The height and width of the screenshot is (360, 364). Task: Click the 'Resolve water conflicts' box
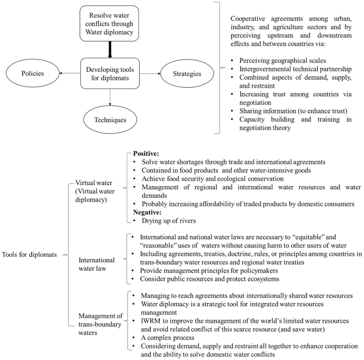click(110, 23)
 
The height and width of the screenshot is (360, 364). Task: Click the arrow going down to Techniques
click(110, 98)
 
